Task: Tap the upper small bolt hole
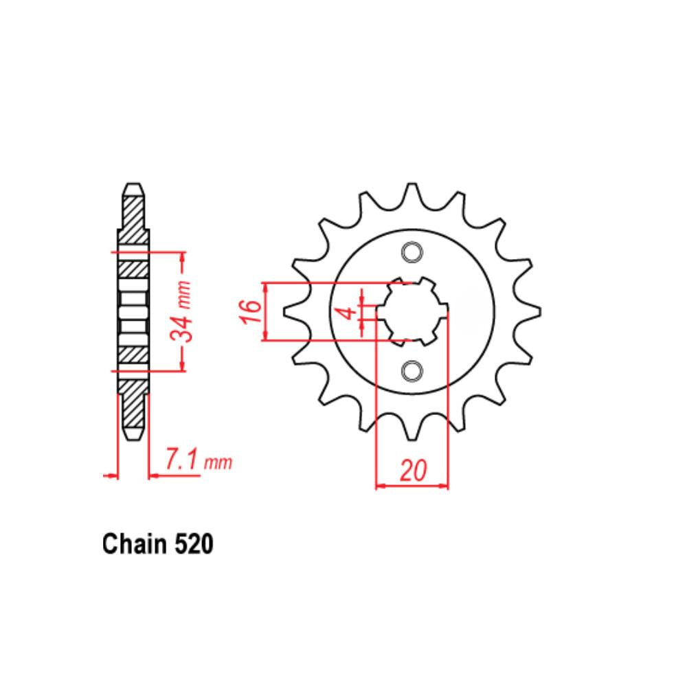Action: (412, 253)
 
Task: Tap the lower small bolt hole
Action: (412, 370)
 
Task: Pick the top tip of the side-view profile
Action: (133, 185)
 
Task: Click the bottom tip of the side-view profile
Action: (133, 437)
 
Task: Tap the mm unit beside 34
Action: (182, 291)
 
